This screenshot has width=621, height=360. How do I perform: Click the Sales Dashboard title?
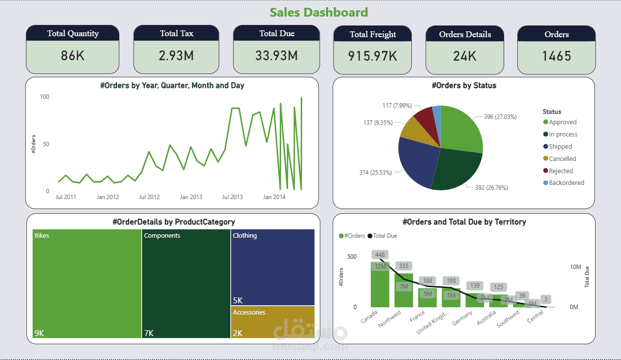pos(319,12)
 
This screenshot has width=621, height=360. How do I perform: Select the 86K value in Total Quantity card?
pos(72,56)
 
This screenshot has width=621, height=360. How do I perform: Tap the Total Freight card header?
pos(373,34)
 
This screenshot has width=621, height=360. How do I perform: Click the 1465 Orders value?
pos(556,56)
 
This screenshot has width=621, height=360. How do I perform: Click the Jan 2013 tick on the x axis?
pos(191,197)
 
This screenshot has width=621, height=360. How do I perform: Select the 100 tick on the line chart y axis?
pos(44,97)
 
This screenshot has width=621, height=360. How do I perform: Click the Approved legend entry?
pos(562,122)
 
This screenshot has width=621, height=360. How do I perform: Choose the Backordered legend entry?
pos(566,183)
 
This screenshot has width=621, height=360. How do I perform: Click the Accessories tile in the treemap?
pos(272,322)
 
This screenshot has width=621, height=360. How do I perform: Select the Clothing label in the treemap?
pos(244,236)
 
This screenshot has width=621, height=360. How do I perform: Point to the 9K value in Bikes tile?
pos(39,333)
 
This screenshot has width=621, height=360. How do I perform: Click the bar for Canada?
pos(380,286)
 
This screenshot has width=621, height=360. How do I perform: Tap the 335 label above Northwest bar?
pos(403,266)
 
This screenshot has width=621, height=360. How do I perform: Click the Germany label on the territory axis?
pos(463,318)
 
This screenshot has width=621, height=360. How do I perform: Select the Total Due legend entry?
pos(385,236)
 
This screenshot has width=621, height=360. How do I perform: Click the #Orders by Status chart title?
pos(464,86)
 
